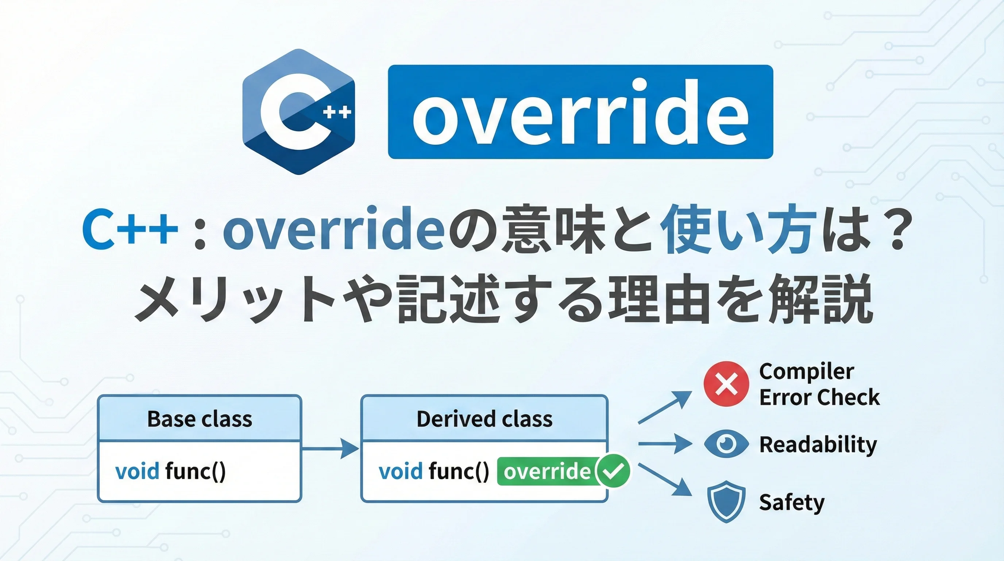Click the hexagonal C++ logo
(298, 111)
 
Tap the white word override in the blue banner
(580, 112)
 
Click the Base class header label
(200, 419)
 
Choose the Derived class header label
(484, 419)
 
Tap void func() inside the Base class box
(170, 471)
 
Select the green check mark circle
(613, 471)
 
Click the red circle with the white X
(726, 384)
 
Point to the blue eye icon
(726, 443)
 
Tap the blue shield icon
(726, 501)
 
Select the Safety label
(792, 503)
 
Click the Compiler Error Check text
(819, 384)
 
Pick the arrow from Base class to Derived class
(331, 449)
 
